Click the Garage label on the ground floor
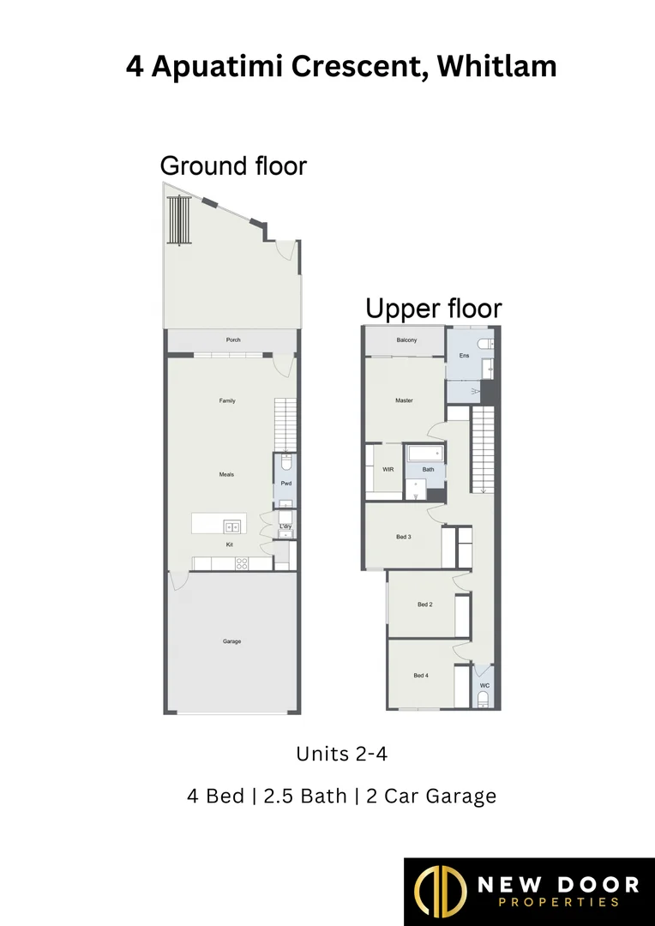click(231, 641)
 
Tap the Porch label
click(232, 340)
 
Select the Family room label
click(227, 400)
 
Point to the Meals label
click(226, 474)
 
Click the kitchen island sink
click(231, 526)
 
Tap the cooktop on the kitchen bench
click(242, 563)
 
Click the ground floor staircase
click(285, 424)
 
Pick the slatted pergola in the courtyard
click(179, 221)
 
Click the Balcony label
click(406, 340)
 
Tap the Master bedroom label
click(404, 400)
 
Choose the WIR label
click(388, 470)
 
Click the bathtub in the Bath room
click(425, 453)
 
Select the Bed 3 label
click(403, 537)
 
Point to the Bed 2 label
click(424, 604)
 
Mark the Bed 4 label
click(420, 676)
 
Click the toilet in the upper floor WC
click(484, 701)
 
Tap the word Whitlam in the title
click(496, 66)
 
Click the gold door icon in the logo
click(440, 892)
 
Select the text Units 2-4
click(341, 754)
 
